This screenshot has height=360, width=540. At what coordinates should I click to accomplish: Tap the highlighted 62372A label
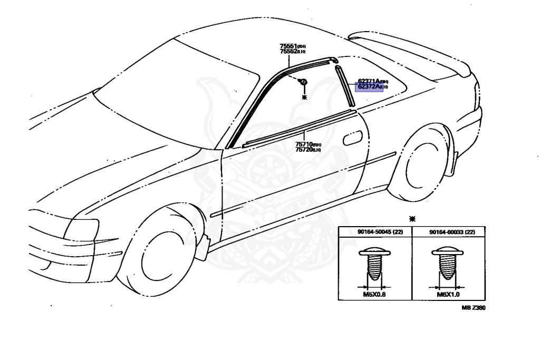tap(369, 87)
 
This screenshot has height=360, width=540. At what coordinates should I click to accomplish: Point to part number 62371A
tap(369, 81)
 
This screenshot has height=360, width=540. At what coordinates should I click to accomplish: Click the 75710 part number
tap(304, 144)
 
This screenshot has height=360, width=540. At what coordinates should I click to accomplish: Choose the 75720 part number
tap(304, 150)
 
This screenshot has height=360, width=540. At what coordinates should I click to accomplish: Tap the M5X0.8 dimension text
tap(374, 294)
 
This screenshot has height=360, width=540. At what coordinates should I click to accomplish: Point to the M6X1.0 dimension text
tap(448, 294)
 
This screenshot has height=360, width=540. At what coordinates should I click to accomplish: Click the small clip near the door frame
tap(303, 82)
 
